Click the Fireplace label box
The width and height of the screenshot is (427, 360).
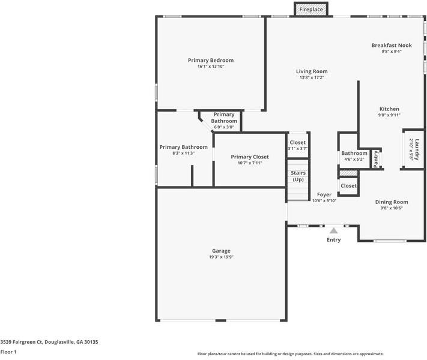pyautogui.click(x=311, y=9)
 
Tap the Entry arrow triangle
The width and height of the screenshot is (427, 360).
pyautogui.click(x=333, y=231)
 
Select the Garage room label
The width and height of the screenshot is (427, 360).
pyautogui.click(x=221, y=251)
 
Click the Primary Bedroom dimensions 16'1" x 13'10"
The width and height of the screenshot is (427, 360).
pyautogui.click(x=211, y=67)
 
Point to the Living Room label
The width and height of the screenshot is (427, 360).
pyautogui.click(x=312, y=71)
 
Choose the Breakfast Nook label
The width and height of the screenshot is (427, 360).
pyautogui.click(x=392, y=45)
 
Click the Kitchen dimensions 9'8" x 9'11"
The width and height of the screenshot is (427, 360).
pyautogui.click(x=389, y=115)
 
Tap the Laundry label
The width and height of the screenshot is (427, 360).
pyautogui.click(x=417, y=149)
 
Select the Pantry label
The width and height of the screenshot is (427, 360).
pyautogui.click(x=376, y=159)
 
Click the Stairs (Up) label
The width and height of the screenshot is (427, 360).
pyautogui.click(x=298, y=176)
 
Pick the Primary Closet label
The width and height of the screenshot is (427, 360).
pyautogui.click(x=250, y=157)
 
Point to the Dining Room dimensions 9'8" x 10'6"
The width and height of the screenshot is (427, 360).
pyautogui.click(x=392, y=208)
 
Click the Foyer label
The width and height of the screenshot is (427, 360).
pyautogui.click(x=324, y=194)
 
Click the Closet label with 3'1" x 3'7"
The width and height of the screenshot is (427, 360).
pyautogui.click(x=298, y=142)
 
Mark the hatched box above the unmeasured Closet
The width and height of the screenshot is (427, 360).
pyautogui.click(x=348, y=173)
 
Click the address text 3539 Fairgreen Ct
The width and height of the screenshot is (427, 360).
pyautogui.click(x=21, y=342)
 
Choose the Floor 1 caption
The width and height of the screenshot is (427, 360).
pyautogui.click(x=8, y=352)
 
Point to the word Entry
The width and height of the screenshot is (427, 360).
pyautogui.click(x=333, y=240)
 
